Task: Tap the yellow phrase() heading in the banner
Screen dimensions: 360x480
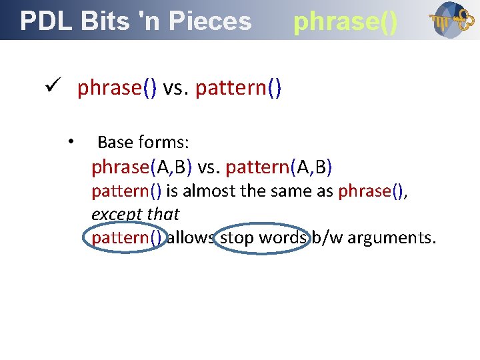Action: [345, 21]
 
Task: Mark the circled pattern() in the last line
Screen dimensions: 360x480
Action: [126, 238]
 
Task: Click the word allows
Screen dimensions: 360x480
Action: [191, 238]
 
